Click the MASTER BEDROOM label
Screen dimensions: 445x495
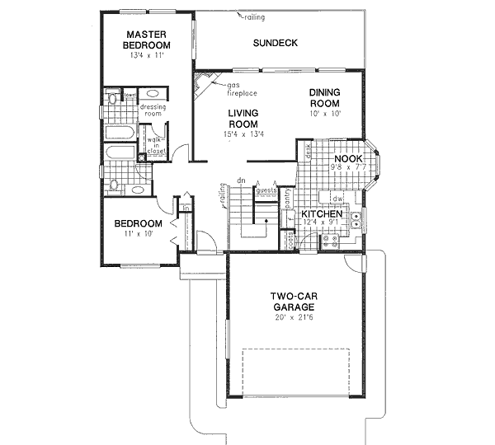[x=148, y=40]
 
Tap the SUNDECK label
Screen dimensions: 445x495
[x=276, y=43]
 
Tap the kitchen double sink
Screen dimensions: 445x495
[x=355, y=220]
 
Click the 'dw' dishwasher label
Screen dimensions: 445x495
[x=337, y=199]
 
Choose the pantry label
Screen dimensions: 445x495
[x=286, y=197]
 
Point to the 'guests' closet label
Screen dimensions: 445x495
[x=266, y=191]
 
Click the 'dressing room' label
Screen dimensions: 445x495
[x=153, y=110]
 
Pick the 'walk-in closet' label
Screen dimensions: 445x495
[x=156, y=146]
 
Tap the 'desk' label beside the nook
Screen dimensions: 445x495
[x=306, y=152]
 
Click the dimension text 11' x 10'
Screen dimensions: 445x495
[x=138, y=234]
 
